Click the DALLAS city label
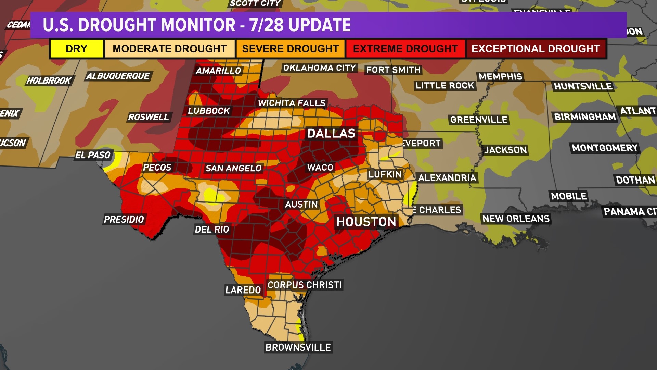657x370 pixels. point(331,133)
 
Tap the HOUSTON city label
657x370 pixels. point(366,222)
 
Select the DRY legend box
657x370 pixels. point(76,49)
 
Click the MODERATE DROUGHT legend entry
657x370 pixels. point(170,49)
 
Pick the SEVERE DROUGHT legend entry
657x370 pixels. point(290,49)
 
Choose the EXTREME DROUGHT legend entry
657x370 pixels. point(405,49)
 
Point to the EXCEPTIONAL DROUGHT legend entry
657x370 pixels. point(536,49)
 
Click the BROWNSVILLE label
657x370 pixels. point(298,347)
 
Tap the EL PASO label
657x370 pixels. point(93,155)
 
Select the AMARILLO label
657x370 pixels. point(218,71)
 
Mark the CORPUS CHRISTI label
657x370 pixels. point(304,285)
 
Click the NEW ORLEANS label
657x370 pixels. point(516,219)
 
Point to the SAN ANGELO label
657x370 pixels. point(233,168)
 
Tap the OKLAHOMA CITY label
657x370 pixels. point(319,68)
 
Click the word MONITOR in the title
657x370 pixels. point(198,25)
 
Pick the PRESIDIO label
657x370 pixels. point(124,219)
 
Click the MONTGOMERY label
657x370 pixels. point(605,148)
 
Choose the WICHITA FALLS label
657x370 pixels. point(292,103)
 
